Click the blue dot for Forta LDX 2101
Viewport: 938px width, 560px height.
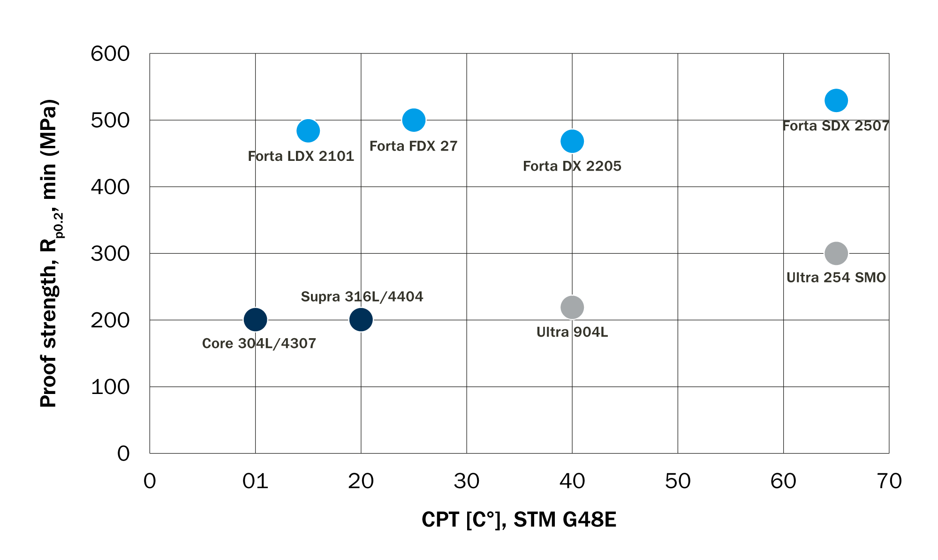[x=308, y=130]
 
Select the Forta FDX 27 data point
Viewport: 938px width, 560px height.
[x=414, y=120]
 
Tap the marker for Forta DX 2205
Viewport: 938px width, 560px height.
[x=572, y=141]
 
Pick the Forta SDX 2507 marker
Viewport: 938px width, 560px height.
[x=836, y=100]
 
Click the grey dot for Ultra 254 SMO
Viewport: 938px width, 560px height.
[x=836, y=253]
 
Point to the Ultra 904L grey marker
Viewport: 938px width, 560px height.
[x=572, y=307]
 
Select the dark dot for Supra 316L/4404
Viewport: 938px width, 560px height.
[x=361, y=320]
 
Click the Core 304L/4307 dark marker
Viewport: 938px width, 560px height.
[x=256, y=320]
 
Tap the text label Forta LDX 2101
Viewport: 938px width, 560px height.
[x=301, y=156]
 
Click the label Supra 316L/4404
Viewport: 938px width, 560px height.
[x=362, y=296]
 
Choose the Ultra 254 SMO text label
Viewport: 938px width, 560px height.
[x=836, y=278]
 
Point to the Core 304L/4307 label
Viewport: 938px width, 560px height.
[x=259, y=343]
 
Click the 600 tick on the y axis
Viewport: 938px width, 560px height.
[x=110, y=54]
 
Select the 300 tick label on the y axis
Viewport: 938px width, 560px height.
[x=110, y=254]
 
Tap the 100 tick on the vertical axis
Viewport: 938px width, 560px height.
[x=110, y=387]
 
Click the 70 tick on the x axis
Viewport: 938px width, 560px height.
[x=889, y=481]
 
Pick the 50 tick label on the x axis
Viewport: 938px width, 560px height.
[x=678, y=481]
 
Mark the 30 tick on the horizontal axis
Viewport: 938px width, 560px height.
[x=467, y=481]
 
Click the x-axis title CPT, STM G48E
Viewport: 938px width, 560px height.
[x=519, y=520]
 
